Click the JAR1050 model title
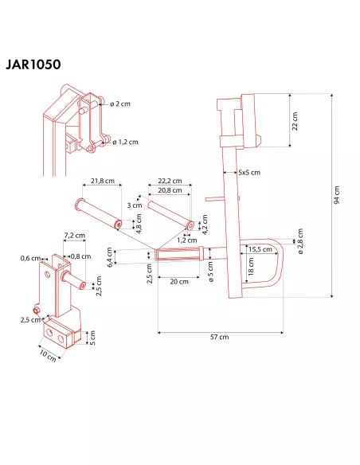pos(33,64)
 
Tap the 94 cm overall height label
pos(337,195)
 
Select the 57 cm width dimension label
pos(220,337)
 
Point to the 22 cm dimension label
pos(295,121)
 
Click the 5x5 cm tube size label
pos(249,172)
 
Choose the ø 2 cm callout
pos(120,104)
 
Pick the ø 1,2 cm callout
pos(125,142)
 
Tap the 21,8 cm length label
pos(103,181)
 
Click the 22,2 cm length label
pos(170,181)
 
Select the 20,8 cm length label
pos(170,190)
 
